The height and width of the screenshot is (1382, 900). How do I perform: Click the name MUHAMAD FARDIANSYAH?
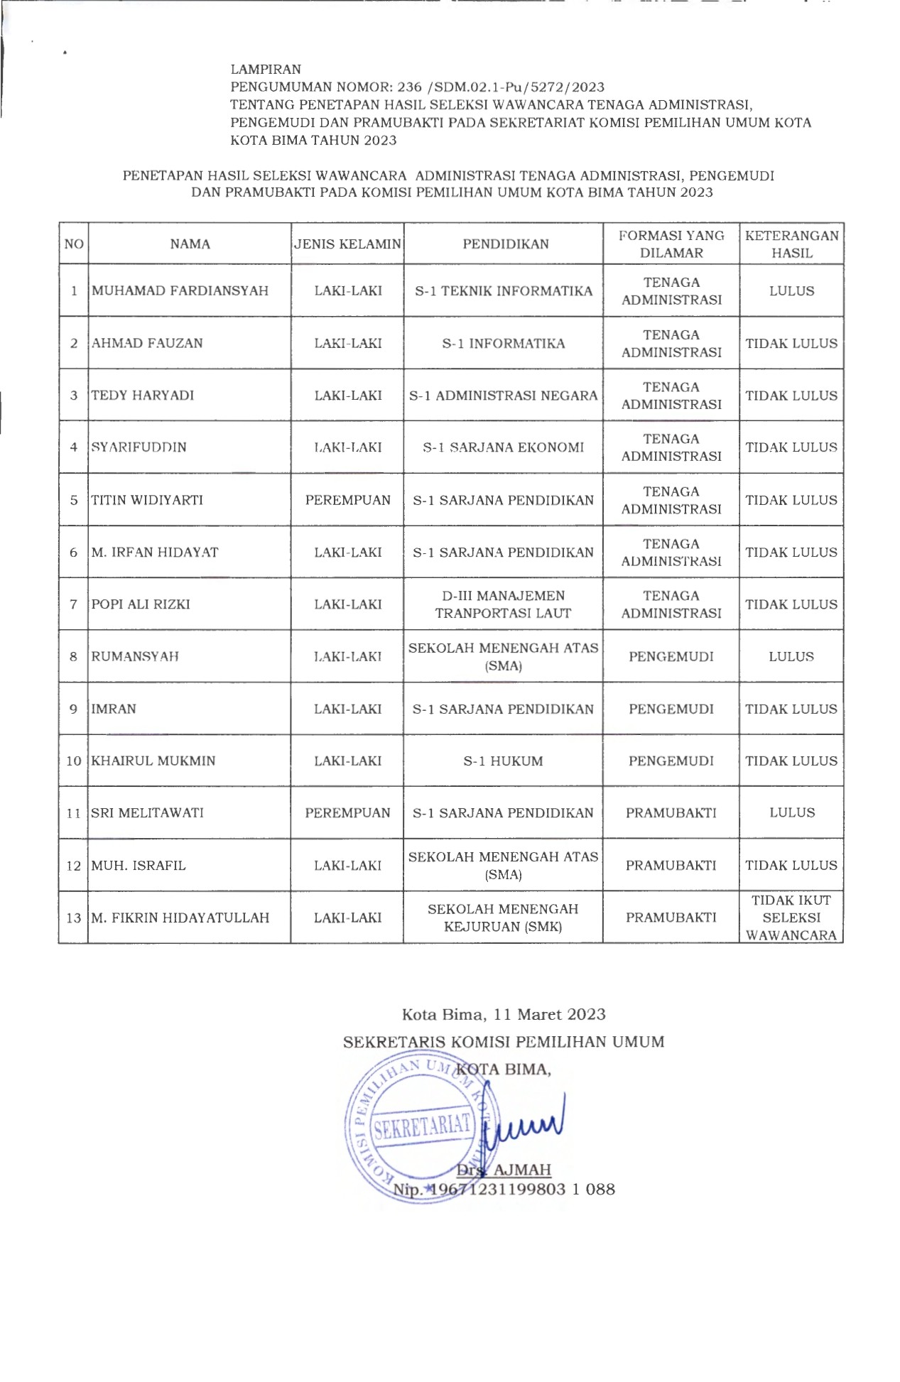(x=180, y=290)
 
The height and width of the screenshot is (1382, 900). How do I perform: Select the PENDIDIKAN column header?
(x=505, y=244)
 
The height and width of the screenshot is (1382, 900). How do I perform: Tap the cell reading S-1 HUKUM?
(x=503, y=761)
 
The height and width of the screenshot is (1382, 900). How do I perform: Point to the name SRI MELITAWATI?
(x=147, y=812)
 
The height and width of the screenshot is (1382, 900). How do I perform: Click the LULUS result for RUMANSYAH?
(x=791, y=656)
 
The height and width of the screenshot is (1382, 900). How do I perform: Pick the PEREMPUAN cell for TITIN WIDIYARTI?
(x=347, y=500)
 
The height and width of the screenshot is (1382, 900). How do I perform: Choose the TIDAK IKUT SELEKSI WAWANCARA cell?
(x=791, y=917)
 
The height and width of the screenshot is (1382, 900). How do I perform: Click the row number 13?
(x=73, y=918)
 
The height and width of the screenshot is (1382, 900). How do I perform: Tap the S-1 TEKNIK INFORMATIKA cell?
(x=503, y=290)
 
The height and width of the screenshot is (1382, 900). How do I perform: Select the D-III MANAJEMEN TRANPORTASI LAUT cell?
(x=503, y=604)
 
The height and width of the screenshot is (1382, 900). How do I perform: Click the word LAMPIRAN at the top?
(x=266, y=70)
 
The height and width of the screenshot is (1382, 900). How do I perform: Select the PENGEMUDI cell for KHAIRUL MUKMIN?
(x=671, y=761)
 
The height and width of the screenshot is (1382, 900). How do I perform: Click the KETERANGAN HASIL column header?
(x=791, y=244)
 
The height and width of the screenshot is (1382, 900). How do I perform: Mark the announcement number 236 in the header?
(x=409, y=87)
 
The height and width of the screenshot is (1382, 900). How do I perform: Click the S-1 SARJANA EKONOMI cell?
(x=503, y=447)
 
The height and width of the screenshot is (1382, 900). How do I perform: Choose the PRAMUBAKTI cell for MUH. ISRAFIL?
(x=671, y=865)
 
